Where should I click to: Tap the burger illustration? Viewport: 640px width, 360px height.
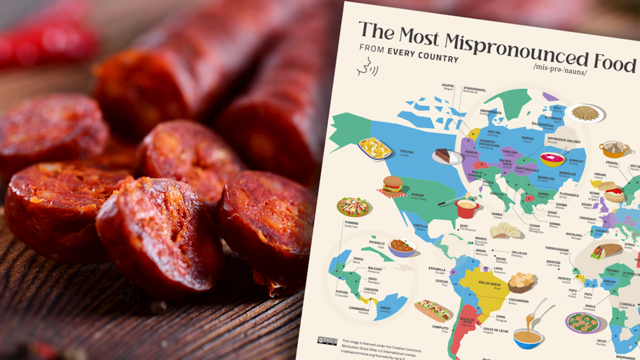(x=392, y=184)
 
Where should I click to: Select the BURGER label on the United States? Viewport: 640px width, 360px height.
(x=417, y=195)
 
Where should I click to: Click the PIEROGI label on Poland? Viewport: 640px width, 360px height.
(x=527, y=138)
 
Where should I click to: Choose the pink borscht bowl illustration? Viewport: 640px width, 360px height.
(x=552, y=159)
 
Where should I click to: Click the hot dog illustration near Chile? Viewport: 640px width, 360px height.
(x=431, y=310)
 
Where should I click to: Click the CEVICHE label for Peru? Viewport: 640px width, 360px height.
(x=441, y=281)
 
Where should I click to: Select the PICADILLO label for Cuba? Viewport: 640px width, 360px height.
(x=377, y=243)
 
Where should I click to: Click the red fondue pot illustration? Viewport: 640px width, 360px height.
(x=466, y=207)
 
